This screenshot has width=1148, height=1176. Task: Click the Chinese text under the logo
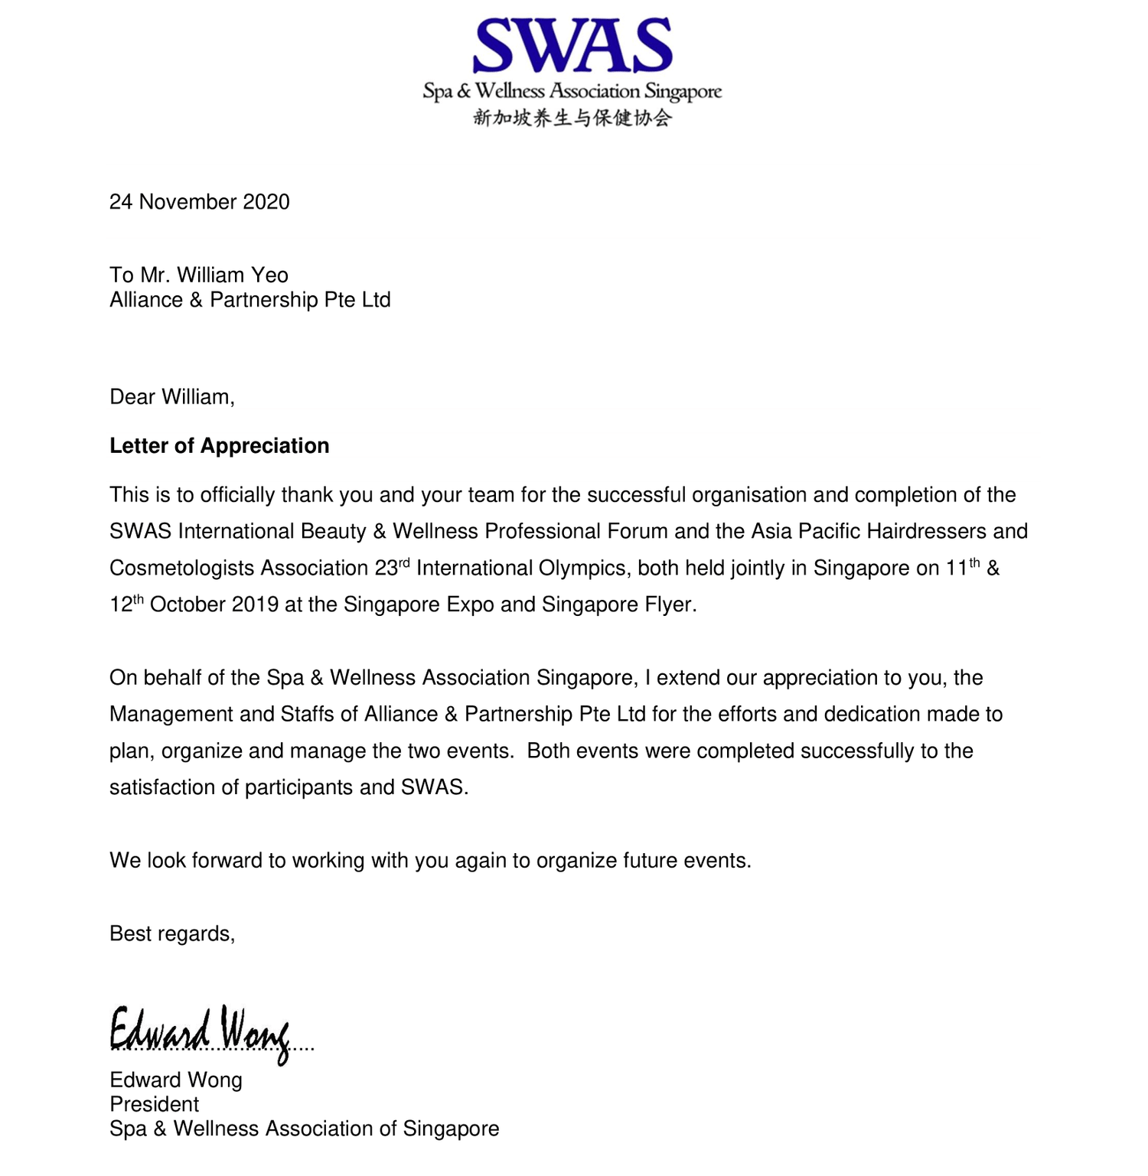[572, 118]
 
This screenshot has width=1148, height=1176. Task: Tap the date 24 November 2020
[200, 202]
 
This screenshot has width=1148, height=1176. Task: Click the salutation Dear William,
[172, 397]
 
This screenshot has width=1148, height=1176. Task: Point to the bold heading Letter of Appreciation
[220, 446]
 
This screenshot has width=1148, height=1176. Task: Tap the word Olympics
[582, 568]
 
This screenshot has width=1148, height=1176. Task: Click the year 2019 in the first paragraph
[255, 605]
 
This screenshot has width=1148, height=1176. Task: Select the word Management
[171, 715]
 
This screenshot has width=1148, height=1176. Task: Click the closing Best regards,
[172, 934]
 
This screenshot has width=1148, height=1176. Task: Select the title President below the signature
[155, 1105]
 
